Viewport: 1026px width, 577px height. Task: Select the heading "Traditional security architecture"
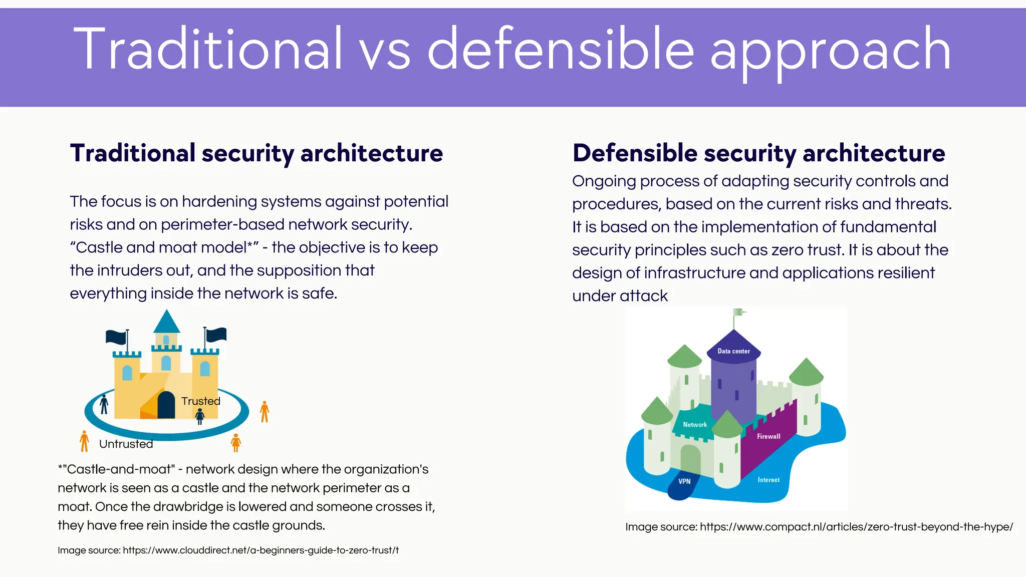[x=256, y=153]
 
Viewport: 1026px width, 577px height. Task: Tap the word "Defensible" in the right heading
[x=635, y=153]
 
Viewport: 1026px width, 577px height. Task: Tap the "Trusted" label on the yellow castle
[x=200, y=401]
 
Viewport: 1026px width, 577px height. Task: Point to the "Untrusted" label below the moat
[x=126, y=444]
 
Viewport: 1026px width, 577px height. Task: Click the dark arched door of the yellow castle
[x=166, y=406]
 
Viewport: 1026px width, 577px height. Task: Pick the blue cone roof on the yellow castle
[x=166, y=322]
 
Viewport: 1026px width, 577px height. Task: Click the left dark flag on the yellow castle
[x=116, y=337]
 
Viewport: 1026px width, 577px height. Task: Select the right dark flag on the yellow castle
[x=216, y=334]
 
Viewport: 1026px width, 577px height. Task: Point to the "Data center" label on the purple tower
[x=733, y=351]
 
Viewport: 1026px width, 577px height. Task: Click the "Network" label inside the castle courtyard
[x=695, y=425]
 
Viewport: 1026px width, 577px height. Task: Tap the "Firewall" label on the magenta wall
[x=768, y=436]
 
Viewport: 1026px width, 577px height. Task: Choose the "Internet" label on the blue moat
[x=768, y=480]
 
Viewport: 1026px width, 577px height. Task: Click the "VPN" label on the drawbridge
[x=684, y=481]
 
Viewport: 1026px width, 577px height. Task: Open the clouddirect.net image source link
[x=261, y=550]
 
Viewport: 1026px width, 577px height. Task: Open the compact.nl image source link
[x=856, y=527]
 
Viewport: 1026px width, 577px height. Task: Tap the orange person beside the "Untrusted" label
[x=84, y=441]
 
